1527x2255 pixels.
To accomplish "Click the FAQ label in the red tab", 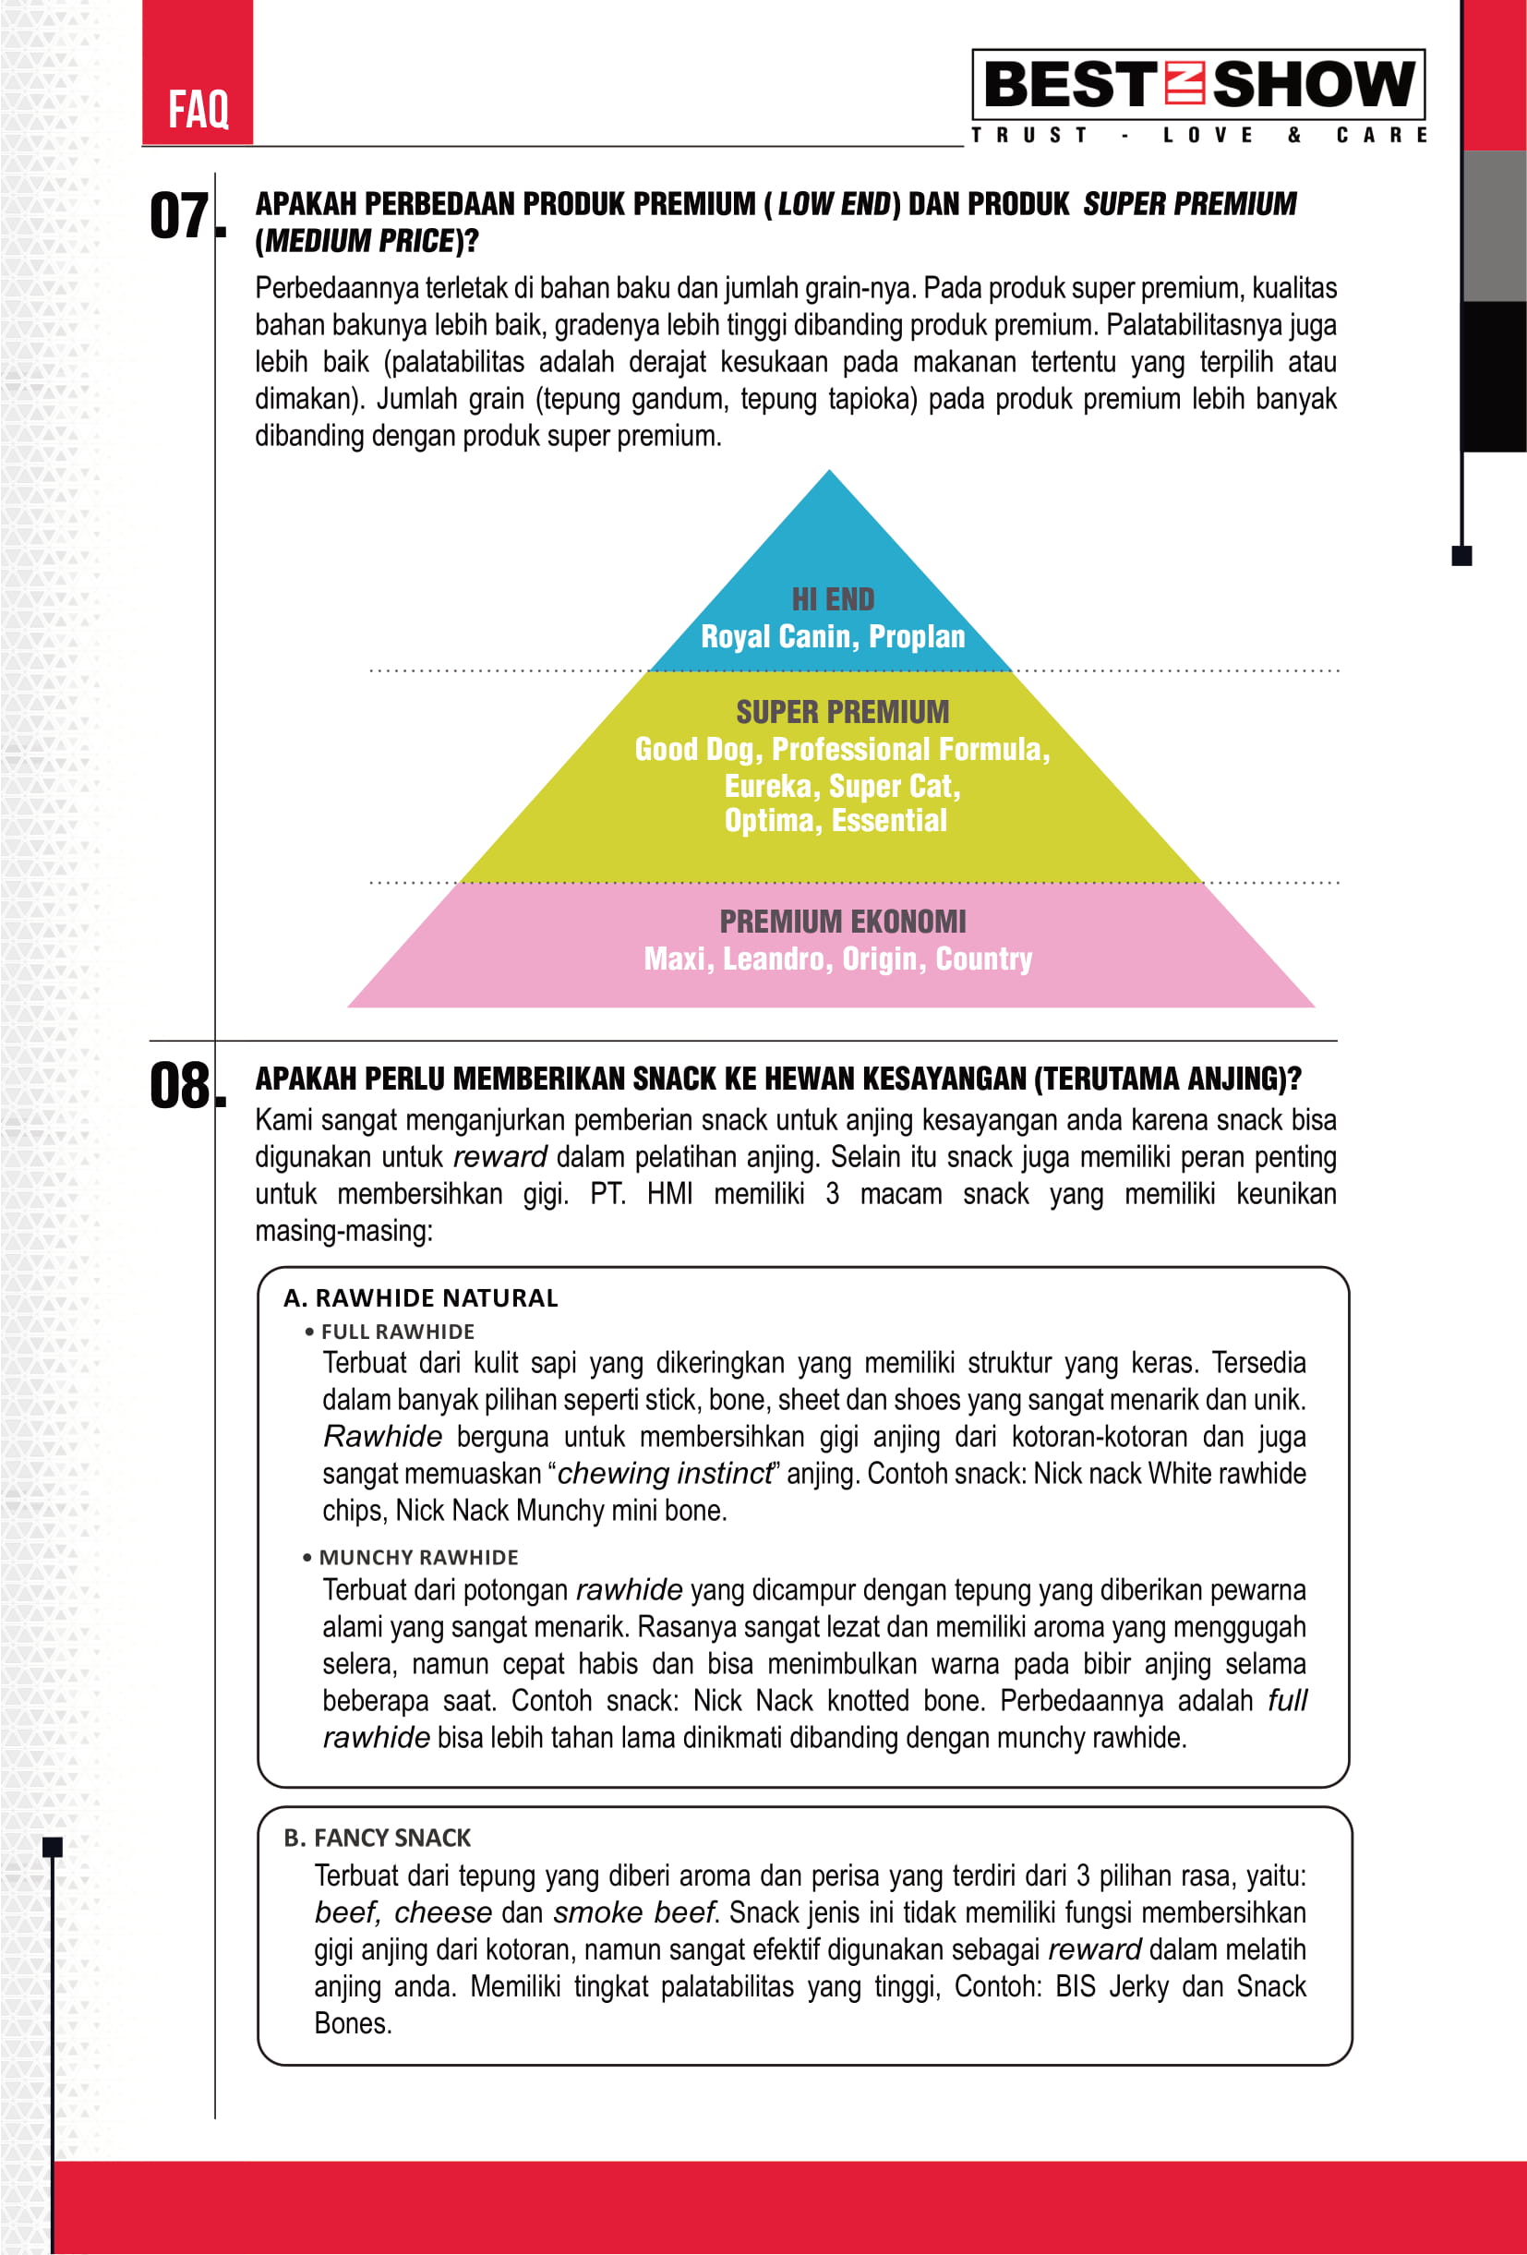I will (198, 109).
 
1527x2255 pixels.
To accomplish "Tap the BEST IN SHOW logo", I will (1198, 83).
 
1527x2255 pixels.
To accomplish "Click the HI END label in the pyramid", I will (833, 599).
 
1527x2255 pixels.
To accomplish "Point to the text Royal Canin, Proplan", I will (833, 636).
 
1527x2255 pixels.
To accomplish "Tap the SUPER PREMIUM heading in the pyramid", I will (842, 712).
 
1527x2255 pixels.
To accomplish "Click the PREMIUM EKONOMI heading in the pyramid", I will (842, 921).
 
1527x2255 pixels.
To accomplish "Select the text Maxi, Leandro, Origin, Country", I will (838, 959).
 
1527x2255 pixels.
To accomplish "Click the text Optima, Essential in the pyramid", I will (836, 821).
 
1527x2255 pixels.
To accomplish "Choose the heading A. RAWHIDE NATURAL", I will (421, 1298).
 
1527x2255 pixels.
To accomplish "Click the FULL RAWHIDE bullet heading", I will (398, 1332).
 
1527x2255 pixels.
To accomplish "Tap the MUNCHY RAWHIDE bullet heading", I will (418, 1557).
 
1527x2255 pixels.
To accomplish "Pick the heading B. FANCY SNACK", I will (378, 1838).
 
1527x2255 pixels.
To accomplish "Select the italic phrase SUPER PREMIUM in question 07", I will (1189, 204).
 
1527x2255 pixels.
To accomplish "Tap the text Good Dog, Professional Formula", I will (842, 749).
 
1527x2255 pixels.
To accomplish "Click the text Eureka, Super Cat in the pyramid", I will (842, 786).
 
